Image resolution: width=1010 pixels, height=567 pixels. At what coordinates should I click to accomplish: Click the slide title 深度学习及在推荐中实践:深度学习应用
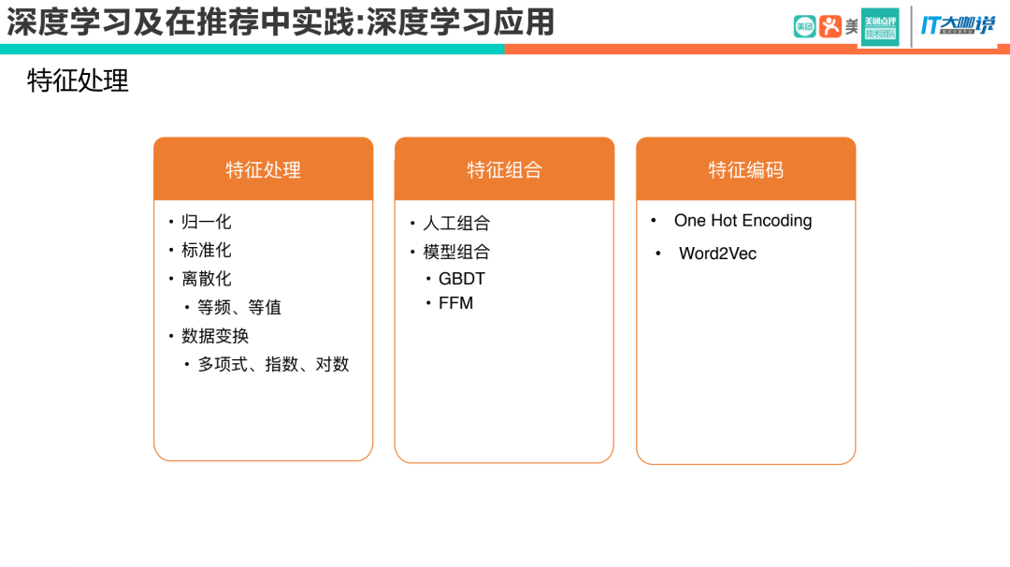point(281,22)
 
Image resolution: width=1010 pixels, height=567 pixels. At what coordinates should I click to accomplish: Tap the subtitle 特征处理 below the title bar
point(78,80)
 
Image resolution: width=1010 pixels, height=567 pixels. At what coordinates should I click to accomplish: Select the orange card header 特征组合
point(504,169)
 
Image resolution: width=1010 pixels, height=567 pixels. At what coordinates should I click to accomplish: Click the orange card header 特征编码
point(745,169)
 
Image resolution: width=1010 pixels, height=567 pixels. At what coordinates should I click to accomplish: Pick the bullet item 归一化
point(206,222)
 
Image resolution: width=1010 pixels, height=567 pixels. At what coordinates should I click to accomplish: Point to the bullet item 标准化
point(206,250)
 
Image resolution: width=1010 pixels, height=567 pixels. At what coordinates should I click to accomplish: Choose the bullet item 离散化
point(206,279)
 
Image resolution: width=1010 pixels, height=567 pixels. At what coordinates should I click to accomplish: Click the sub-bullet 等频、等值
point(239,307)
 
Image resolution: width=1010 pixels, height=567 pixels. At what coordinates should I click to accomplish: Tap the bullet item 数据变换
point(215,336)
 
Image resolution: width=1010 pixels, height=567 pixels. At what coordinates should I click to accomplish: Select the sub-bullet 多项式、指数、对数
point(273,364)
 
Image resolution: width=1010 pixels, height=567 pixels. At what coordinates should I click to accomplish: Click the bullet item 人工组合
point(456,224)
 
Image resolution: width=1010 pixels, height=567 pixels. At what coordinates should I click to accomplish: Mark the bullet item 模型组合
point(456,252)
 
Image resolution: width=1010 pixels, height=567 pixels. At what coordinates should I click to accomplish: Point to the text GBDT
point(462,279)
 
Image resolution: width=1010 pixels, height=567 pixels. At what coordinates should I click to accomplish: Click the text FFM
point(455,303)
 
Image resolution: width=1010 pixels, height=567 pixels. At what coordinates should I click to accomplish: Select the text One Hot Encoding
point(743,221)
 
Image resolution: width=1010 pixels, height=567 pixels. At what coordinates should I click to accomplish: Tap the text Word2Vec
point(717,254)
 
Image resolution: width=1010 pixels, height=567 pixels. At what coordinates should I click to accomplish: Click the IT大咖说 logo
point(958,25)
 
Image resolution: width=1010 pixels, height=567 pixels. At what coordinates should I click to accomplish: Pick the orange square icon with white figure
point(830,26)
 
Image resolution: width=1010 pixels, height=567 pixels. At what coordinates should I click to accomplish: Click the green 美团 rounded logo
point(804,26)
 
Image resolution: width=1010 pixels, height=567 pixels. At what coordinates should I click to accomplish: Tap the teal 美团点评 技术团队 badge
point(880,26)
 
